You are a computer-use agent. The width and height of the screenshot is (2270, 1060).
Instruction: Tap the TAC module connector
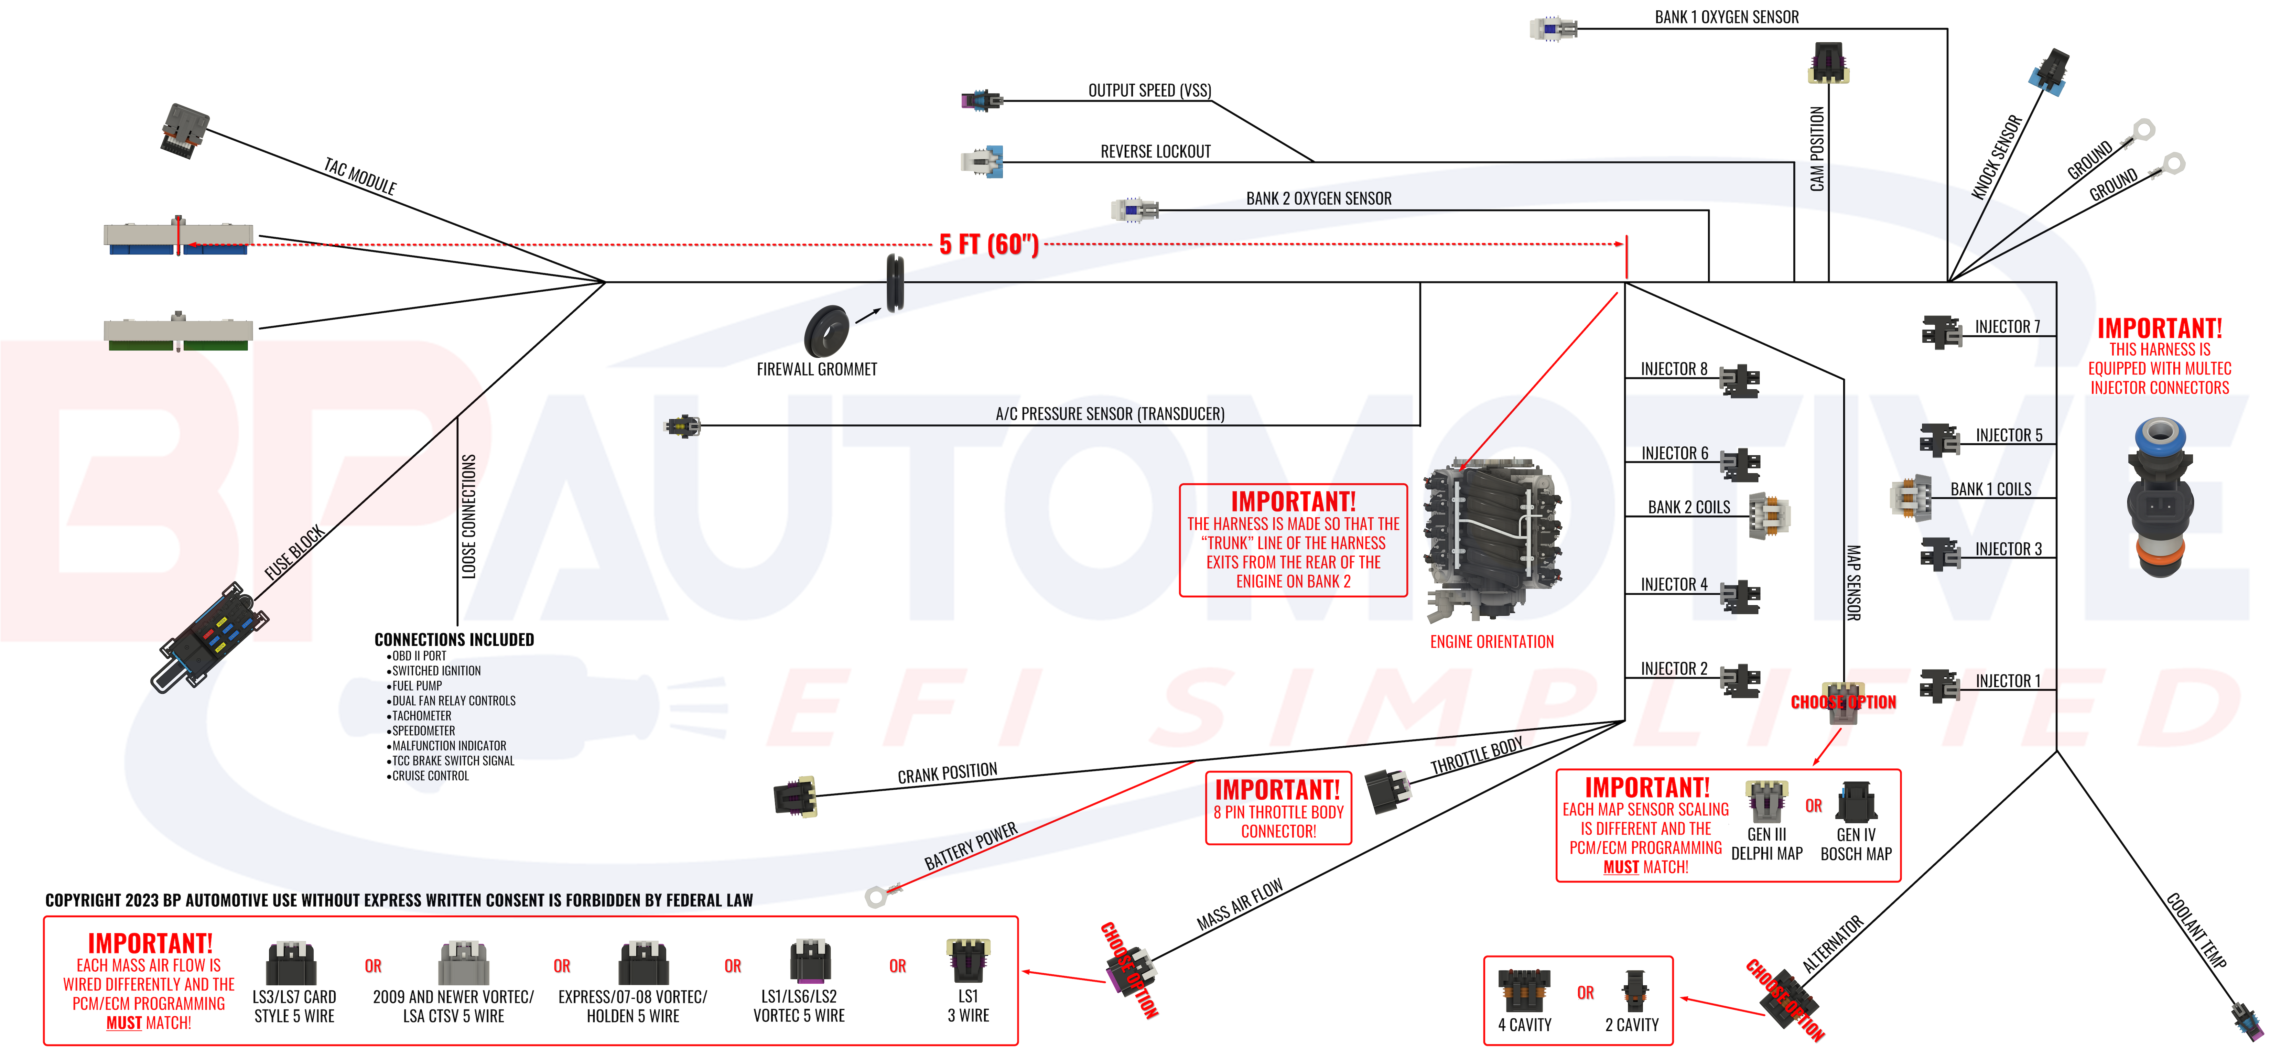coord(184,130)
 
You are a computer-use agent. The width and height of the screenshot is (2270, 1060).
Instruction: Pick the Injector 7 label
coord(2007,327)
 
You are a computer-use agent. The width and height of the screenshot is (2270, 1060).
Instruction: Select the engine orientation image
coord(1492,538)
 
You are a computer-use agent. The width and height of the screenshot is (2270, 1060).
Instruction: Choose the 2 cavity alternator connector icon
coord(1634,991)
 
